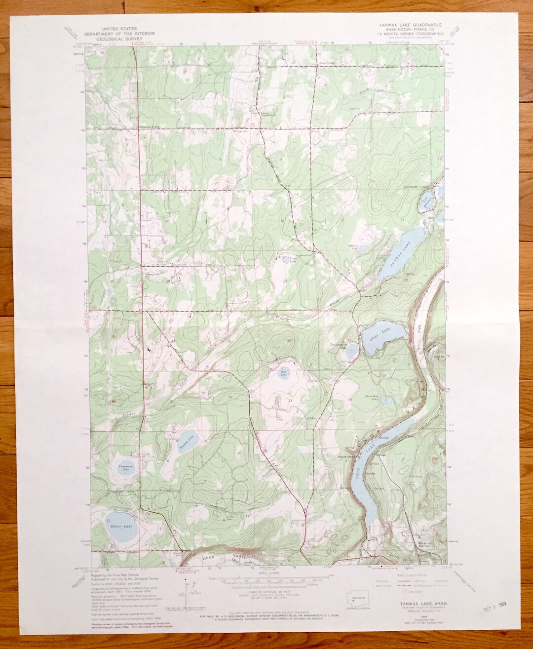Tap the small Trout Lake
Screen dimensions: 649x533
click(286, 258)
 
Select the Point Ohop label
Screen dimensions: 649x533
click(347, 456)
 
